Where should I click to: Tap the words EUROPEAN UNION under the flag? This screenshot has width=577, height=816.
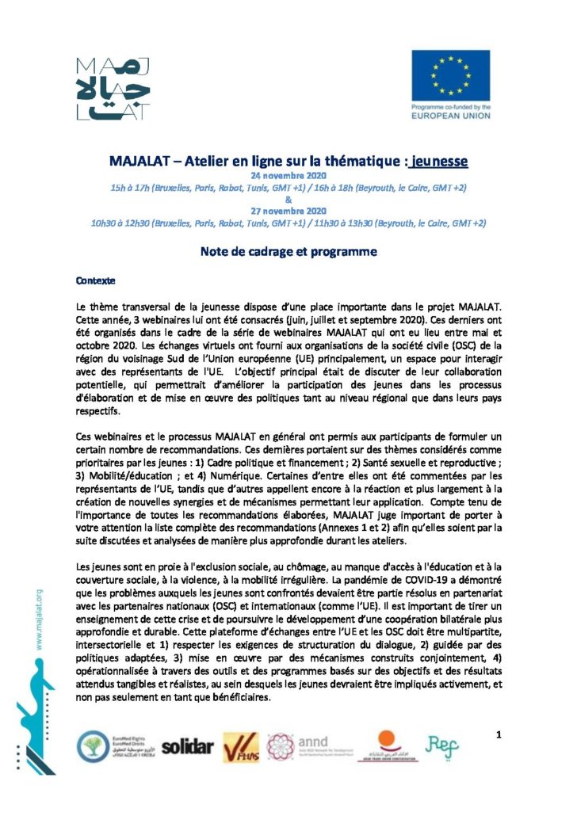[450, 116]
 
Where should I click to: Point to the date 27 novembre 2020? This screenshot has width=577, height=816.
[288, 211]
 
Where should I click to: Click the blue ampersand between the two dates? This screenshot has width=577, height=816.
[288, 199]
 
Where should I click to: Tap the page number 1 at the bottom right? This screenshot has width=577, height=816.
[499, 735]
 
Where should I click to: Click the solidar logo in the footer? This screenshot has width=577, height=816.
[188, 746]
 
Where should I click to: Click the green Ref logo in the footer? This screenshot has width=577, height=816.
[441, 744]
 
